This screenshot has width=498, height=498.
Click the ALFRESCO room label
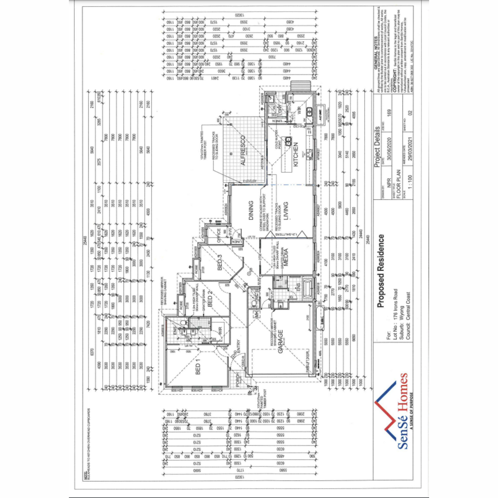point(243,151)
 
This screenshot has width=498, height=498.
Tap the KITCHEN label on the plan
point(296,154)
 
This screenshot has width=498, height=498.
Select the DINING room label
point(251,210)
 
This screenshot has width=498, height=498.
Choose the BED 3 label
point(220,262)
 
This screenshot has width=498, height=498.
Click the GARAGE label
point(281,342)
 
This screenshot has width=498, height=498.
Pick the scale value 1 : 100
point(410,183)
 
